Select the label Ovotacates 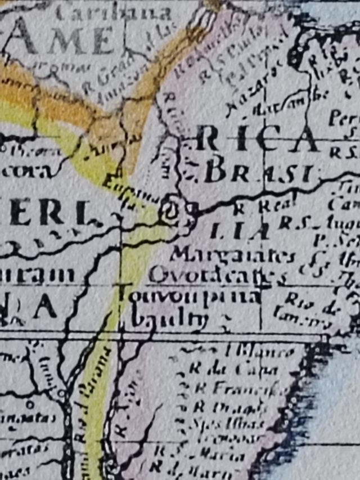214,276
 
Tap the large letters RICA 256,141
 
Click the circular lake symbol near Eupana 169,212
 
